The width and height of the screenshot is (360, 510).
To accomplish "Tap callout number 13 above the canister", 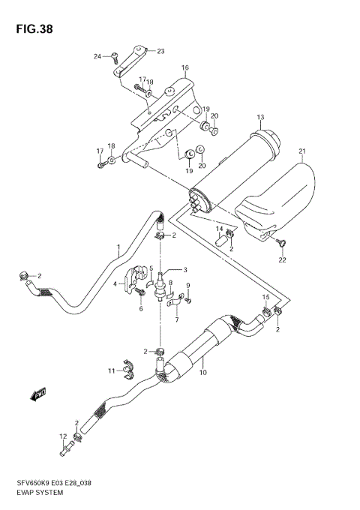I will pos(261,118).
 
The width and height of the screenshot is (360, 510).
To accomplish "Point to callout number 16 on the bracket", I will pos(184,68).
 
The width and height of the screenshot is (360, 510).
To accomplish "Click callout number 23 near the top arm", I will pos(160,51).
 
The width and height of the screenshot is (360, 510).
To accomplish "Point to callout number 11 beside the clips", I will pos(110,370).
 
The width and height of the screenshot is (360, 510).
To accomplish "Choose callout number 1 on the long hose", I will pos(118,247).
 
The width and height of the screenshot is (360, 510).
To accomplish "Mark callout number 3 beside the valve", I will pos(184,271).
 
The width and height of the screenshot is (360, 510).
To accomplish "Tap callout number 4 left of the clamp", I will pos(115,283).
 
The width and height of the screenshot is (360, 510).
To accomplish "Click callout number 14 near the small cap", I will pos(220,229).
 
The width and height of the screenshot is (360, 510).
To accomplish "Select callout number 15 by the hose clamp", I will pos(265,298).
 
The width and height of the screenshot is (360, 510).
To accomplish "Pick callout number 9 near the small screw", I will pos(188,285).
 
